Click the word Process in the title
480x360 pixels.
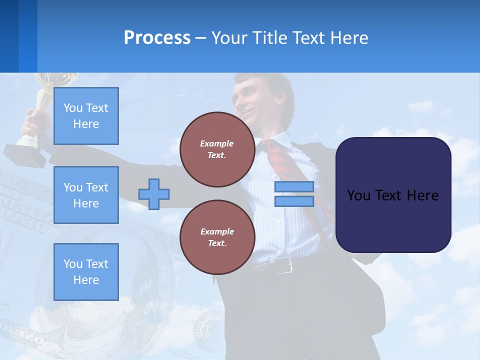tap(157, 38)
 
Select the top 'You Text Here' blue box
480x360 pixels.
tap(86, 116)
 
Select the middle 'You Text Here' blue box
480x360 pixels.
tap(86, 195)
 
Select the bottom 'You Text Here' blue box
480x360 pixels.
tap(86, 272)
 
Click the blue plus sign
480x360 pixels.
tap(154, 194)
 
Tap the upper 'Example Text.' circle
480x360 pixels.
tap(217, 149)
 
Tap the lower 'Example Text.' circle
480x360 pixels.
tap(217, 237)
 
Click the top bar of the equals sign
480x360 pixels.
tap(294, 187)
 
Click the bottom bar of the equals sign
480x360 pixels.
tap(294, 201)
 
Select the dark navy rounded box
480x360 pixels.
tap(393, 195)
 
